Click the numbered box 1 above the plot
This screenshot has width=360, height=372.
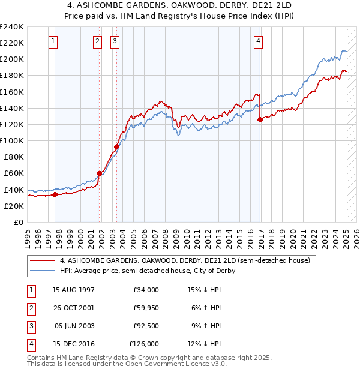54,41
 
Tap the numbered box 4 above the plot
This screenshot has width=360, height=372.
258,41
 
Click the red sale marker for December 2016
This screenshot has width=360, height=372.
260,119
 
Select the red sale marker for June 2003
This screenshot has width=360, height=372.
117,146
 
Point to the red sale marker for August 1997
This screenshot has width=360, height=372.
55,194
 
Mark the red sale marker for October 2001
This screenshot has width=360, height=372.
100,173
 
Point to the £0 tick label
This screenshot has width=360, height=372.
19,222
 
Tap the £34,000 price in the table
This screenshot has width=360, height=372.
146,290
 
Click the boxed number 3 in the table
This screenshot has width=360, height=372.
30,326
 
